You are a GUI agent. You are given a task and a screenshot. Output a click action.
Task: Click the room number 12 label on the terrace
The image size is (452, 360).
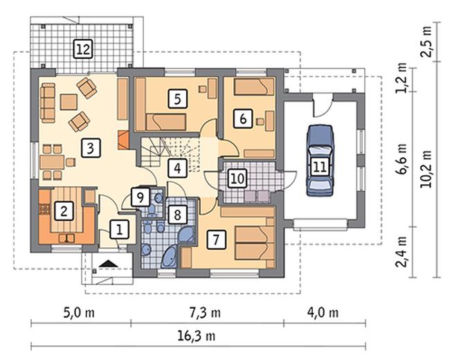tap(83, 49)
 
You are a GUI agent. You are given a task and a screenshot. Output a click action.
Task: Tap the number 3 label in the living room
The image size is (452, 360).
tap(91, 148)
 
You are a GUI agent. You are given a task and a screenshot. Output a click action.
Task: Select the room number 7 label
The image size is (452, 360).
tap(216, 239)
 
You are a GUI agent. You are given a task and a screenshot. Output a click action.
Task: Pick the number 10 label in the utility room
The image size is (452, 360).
tap(237, 179)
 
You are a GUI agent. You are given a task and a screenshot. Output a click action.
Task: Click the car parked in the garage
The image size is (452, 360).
tap(320, 160)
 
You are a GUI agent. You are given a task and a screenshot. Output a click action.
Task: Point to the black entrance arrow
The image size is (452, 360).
tap(109, 263)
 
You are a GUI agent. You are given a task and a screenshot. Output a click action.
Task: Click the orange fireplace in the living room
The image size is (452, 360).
tap(123, 140)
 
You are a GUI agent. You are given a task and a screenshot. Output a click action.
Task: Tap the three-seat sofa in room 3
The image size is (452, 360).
tap(48, 103)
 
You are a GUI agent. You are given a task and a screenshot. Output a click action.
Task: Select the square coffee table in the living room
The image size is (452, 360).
tap(69, 102)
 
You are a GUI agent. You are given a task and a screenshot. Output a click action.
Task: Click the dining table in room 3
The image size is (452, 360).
tap(52, 162)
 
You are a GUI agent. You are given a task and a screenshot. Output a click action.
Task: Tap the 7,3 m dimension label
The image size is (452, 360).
tap(206, 312)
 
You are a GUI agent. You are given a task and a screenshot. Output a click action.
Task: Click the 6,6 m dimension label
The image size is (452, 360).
tap(402, 159)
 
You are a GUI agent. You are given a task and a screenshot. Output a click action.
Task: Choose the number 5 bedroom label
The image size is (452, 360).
tap(177, 99)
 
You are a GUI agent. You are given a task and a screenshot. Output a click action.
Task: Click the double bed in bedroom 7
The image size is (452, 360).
tap(255, 243)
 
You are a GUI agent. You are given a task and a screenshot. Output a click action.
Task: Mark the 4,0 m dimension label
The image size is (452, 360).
tap(323, 312)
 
